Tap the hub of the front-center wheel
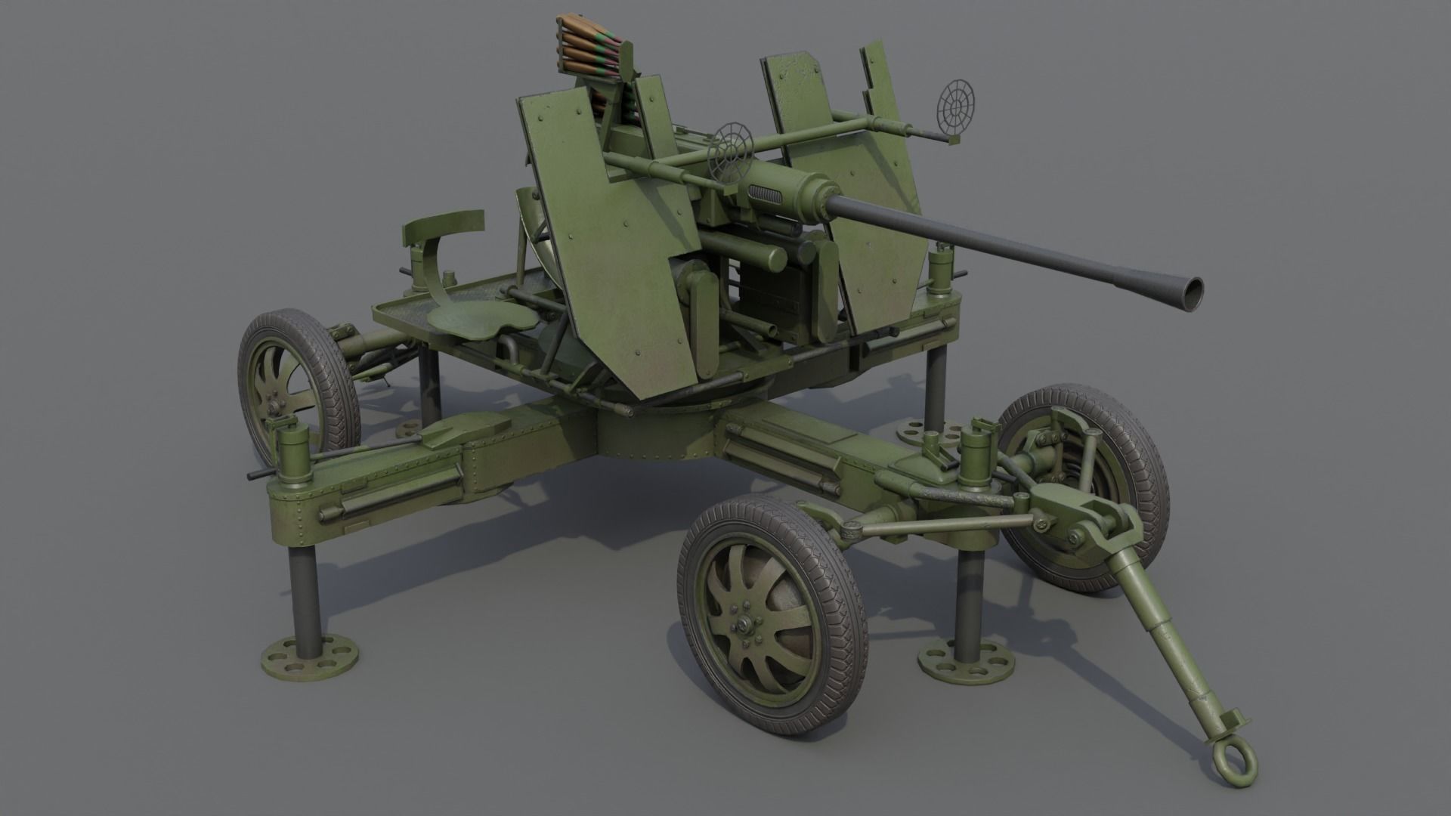[x=747, y=624]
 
